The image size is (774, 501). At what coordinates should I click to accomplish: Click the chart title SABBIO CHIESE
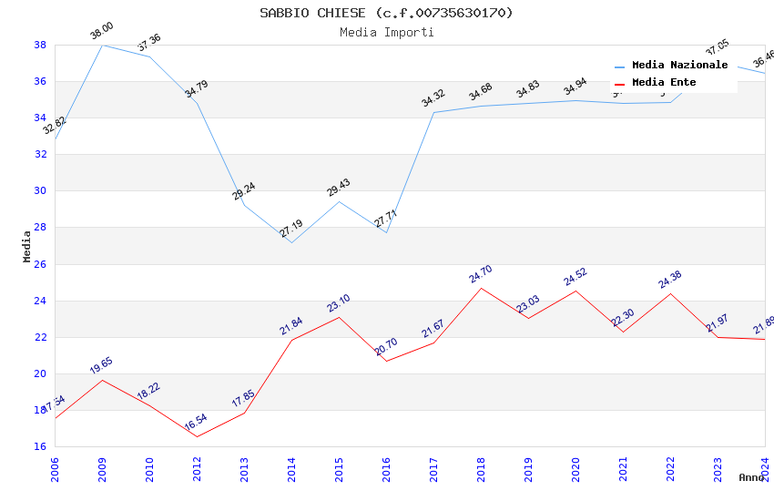[386, 13]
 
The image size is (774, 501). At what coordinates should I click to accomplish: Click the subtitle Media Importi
[386, 32]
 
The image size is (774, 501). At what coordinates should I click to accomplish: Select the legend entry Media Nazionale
[679, 65]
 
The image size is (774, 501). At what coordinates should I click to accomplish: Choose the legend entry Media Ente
[664, 82]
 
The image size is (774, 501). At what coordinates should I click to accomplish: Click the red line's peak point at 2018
[481, 288]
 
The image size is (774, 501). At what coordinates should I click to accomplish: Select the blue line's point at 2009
[102, 45]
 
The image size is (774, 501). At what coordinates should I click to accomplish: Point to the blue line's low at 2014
[291, 242]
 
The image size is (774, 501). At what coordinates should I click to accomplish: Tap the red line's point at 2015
[339, 317]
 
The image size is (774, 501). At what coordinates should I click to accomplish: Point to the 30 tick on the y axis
[40, 191]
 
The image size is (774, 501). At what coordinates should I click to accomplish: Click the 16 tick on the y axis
[40, 446]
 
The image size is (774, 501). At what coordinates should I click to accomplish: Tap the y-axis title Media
[27, 246]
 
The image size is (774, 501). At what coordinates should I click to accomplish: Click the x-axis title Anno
[751, 477]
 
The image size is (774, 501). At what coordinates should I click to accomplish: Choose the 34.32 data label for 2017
[433, 97]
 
